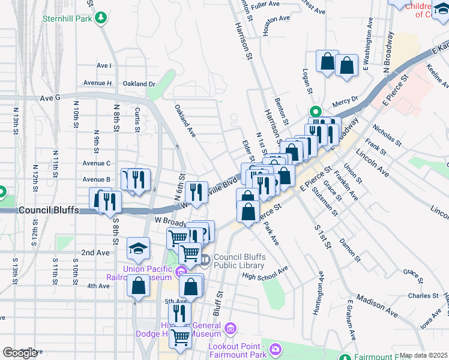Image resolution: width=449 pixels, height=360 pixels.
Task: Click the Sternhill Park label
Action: [x=66, y=18]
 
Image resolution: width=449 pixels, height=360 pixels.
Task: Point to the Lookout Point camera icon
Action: [x=276, y=349]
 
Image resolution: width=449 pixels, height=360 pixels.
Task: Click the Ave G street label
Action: [x=50, y=97]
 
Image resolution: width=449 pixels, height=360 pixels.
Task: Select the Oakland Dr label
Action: [x=139, y=84]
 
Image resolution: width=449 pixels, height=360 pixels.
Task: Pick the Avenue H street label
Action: [x=97, y=83]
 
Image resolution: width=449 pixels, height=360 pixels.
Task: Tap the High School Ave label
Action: [x=265, y=275]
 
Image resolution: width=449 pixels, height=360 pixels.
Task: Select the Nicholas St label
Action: [x=386, y=136]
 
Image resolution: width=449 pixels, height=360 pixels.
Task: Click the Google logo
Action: [x=20, y=353]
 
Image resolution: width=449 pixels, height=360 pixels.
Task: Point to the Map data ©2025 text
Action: [x=424, y=355]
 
